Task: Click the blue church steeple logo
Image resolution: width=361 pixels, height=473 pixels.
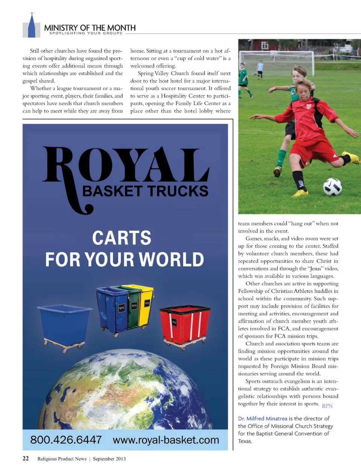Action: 32,26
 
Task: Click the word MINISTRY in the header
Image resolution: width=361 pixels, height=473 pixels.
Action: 61,28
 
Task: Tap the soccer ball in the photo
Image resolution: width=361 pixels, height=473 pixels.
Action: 332,187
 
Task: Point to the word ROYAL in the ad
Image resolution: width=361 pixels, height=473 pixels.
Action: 126,165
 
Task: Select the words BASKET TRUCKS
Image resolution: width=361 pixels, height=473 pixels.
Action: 145,191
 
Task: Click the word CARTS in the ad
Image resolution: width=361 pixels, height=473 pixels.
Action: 121,238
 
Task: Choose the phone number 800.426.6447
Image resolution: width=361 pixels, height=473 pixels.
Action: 66,440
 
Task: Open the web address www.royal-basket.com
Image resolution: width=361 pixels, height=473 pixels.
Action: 166,440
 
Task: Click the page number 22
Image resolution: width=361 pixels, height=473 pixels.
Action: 26,458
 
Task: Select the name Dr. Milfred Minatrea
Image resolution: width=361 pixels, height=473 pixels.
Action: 262,419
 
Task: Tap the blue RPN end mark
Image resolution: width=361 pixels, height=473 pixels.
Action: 327,406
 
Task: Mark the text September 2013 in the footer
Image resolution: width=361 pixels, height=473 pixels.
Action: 109,459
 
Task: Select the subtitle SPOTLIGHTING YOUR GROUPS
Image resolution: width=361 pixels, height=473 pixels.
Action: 86,33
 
